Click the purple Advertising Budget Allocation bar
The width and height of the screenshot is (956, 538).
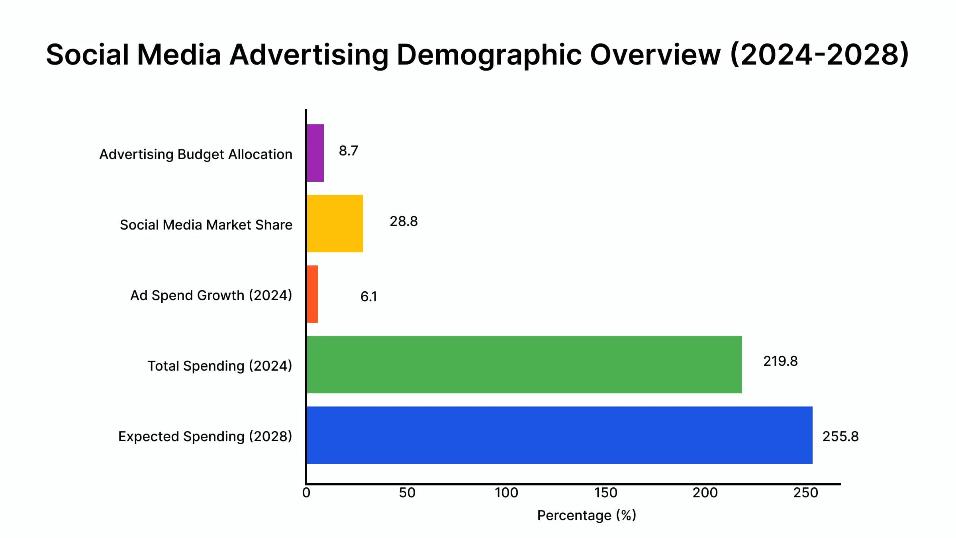(315, 153)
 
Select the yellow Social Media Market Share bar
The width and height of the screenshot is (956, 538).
(335, 224)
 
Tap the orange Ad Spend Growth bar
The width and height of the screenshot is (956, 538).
(312, 294)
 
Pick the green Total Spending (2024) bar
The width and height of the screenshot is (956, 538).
(524, 365)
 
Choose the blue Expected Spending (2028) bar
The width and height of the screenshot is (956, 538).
(559, 435)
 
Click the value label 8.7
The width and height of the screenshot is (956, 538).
(348, 151)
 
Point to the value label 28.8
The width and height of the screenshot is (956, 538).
(404, 222)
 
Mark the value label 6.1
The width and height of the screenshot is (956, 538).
(368, 297)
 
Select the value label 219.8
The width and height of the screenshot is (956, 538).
(780, 361)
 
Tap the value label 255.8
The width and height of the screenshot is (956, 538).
(840, 437)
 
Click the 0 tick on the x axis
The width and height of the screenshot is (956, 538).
(306, 493)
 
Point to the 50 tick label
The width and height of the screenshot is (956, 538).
(407, 493)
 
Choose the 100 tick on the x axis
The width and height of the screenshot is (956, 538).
(506, 493)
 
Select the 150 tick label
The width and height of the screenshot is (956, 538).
(606, 493)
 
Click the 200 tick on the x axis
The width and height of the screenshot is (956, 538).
(705, 493)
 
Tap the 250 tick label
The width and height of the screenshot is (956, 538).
(805, 493)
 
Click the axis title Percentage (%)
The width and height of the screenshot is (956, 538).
(586, 516)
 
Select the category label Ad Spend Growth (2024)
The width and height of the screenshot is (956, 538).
(211, 295)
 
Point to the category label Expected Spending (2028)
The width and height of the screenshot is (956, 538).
(205, 436)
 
